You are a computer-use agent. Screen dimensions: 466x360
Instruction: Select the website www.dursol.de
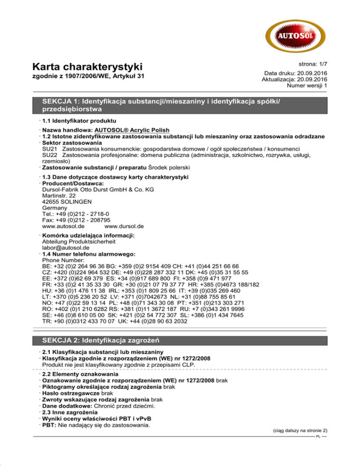point(125,225)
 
